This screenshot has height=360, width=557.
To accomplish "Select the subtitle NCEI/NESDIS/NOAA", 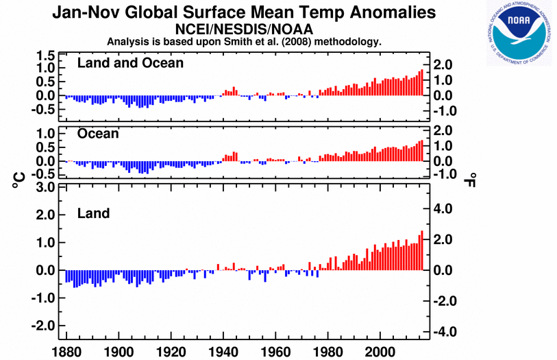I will click(x=244, y=29).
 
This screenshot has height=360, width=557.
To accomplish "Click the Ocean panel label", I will click(x=98, y=134).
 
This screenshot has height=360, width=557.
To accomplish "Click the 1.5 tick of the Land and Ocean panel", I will click(x=45, y=55).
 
